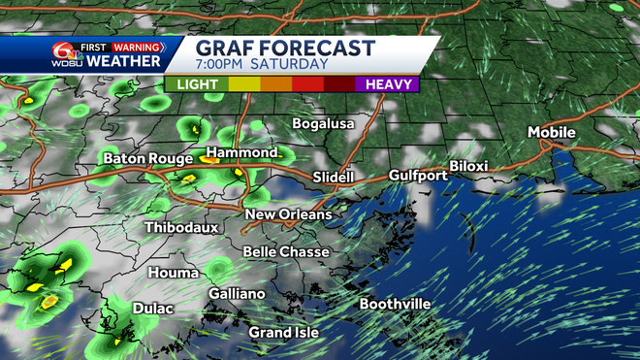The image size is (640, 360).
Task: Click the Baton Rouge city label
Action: (144, 157)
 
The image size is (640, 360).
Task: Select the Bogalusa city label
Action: (324, 123)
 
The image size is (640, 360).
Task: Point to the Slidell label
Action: (336, 177)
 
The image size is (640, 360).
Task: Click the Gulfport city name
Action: (418, 176)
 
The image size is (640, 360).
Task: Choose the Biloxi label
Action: (468, 166)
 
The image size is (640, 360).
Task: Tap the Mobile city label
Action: (552, 132)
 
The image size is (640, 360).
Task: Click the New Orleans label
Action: (288, 214)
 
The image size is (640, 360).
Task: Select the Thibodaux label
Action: (181, 227)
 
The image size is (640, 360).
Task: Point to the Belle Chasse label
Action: (286, 251)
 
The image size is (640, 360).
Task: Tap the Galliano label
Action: (237, 293)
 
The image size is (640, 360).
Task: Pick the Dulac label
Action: (152, 309)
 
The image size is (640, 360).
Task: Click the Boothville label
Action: (395, 304)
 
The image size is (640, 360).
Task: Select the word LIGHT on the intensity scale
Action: (197, 83)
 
